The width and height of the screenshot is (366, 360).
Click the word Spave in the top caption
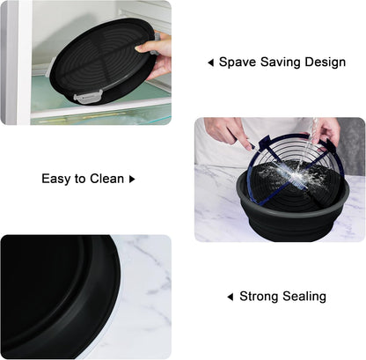[238, 62]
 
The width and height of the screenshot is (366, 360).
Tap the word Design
[325, 62]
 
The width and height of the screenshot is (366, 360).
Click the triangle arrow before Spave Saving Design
[210, 62]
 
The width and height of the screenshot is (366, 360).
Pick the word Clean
[107, 179]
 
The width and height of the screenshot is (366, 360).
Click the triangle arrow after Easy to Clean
[132, 179]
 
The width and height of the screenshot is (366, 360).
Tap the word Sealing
[304, 297]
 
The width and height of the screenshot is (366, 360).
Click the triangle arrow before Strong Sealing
[231, 297]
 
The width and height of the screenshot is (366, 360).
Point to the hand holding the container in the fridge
[155, 55]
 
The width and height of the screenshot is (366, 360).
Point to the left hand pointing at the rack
[228, 132]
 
